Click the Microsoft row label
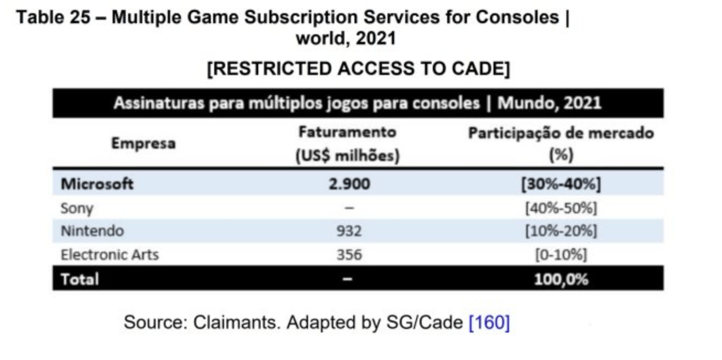(97, 184)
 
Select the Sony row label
(77, 208)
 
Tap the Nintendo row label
(92, 231)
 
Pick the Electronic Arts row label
(109, 254)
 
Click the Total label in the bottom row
(80, 279)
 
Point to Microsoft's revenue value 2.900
(349, 184)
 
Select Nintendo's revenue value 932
(349, 231)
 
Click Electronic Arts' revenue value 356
(349, 254)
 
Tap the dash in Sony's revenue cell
(349, 208)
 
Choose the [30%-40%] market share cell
(561, 184)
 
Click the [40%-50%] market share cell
(561, 208)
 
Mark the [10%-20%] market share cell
(561, 231)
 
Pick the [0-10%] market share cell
(561, 254)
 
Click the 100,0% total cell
(561, 279)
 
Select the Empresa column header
(143, 143)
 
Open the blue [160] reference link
(489, 323)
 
